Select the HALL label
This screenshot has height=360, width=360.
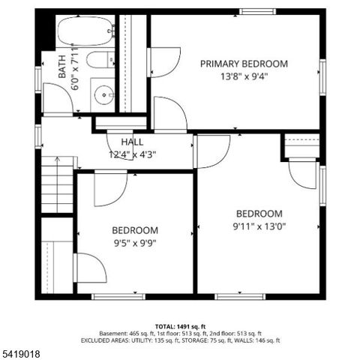click(132, 142)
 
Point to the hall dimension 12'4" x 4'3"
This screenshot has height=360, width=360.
click(132, 154)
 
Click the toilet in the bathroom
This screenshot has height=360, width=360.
click(98, 61)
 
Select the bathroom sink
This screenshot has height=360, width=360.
click(103, 95)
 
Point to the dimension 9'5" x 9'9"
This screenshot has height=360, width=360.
click(135, 242)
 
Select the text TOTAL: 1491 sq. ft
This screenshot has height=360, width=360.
click(180, 326)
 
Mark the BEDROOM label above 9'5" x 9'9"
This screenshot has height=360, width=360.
click(135, 230)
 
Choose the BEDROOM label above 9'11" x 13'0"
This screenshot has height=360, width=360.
click(259, 213)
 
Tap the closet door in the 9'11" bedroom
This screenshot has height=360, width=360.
click(303, 174)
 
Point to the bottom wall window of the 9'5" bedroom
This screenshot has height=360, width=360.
click(118, 296)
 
